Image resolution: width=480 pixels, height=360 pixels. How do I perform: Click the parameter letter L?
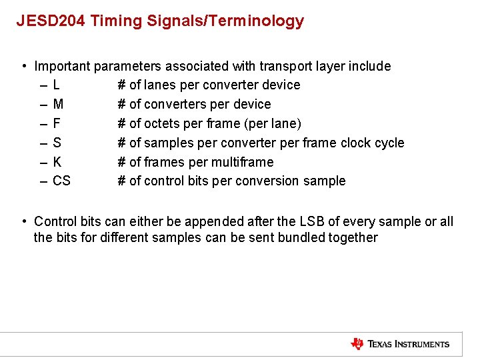(56, 85)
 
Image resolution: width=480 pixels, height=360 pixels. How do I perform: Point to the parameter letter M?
(58, 105)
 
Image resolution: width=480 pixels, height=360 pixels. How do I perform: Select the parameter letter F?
(57, 124)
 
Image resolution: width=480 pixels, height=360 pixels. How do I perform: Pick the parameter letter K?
(57, 162)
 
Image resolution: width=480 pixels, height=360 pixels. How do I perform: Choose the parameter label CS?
(61, 181)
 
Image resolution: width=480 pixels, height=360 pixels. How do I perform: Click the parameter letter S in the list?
(57, 143)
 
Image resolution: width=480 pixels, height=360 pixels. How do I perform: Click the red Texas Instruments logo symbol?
(357, 344)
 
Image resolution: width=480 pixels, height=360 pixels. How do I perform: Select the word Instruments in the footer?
(421, 345)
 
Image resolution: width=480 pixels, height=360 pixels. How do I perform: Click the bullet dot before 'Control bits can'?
(24, 221)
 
